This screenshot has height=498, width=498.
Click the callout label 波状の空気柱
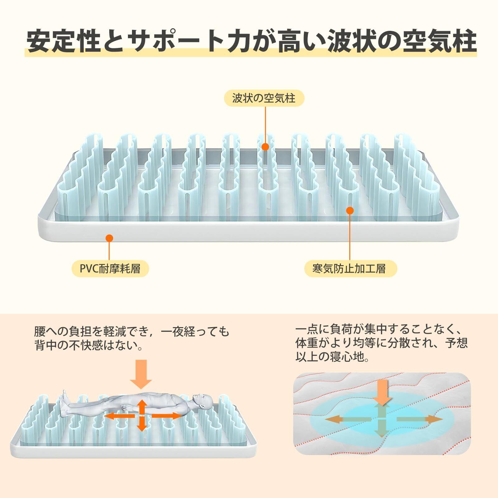[x=264, y=99]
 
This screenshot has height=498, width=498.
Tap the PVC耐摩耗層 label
[x=110, y=268]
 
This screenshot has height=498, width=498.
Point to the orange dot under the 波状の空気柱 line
[x=265, y=147]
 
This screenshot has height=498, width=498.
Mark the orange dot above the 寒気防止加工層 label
[x=350, y=211]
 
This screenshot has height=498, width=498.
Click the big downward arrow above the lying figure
[x=141, y=374]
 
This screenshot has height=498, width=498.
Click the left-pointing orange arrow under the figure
[x=117, y=416]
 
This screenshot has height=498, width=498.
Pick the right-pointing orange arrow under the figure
[x=167, y=416]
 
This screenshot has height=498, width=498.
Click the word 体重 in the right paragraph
[x=308, y=343]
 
